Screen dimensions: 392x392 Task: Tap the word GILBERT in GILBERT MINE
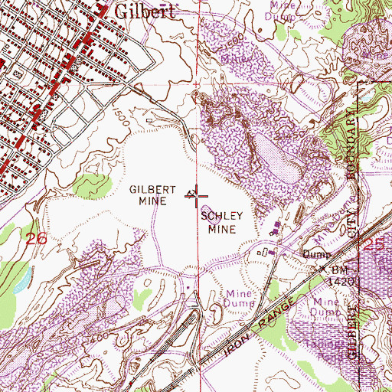click(146, 188)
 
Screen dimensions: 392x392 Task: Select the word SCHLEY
click(221, 217)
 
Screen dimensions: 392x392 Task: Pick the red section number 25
click(372, 244)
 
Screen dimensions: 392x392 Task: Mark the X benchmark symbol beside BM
click(323, 270)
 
